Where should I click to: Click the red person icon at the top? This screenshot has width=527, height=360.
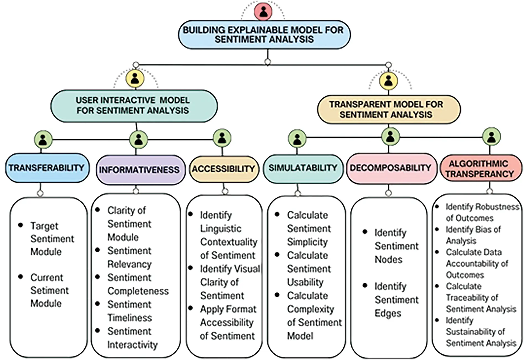click(263, 12)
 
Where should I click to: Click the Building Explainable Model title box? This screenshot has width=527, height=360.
click(264, 35)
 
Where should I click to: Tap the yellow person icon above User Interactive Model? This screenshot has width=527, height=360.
click(135, 78)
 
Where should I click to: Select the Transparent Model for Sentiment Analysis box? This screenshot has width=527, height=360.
click(388, 109)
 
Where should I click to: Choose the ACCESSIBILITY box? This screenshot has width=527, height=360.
click(224, 169)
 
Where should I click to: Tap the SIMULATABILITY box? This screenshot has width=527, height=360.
click(303, 168)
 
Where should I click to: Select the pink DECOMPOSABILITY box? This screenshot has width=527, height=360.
click(390, 168)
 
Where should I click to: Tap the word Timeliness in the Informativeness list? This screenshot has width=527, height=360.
click(129, 318)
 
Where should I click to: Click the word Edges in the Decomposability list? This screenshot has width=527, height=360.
click(388, 313)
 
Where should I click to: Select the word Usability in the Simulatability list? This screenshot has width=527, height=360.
click(305, 282)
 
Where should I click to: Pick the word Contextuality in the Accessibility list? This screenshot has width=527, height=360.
click(229, 242)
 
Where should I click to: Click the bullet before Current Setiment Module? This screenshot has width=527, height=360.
click(20, 276)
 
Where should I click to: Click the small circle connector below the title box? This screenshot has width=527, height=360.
click(267, 62)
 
